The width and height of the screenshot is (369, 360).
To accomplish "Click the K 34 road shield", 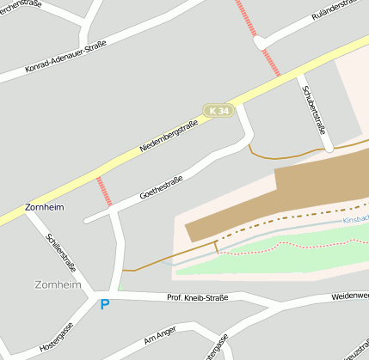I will (x=218, y=111).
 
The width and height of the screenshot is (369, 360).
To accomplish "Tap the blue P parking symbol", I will (x=105, y=304).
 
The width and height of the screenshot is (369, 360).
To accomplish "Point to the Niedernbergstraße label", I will (x=169, y=136).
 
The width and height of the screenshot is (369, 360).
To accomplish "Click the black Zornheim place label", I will (x=46, y=208).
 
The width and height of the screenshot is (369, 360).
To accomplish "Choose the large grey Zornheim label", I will (x=58, y=284).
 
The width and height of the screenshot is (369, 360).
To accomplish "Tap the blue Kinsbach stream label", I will (x=355, y=220).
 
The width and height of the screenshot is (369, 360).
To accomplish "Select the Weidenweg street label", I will (x=349, y=296).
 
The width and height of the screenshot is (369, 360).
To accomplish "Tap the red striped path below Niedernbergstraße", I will (x=104, y=191).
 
